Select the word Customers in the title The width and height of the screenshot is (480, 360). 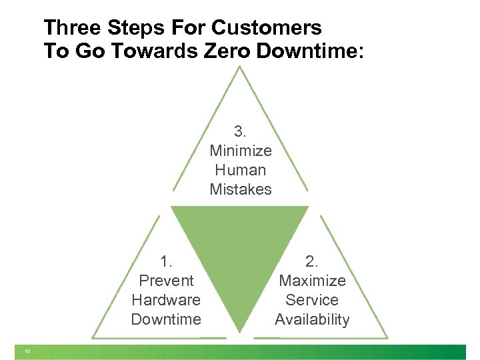[267, 28]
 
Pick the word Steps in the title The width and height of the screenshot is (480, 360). [137, 28]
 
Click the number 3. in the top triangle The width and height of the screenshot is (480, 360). [241, 132]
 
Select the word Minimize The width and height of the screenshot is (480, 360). [241, 151]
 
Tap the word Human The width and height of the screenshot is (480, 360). [241, 170]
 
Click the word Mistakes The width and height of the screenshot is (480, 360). [241, 189]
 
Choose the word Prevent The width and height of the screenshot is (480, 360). [166, 281]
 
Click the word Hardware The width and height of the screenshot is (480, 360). [166, 300]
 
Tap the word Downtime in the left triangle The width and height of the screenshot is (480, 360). [166, 319]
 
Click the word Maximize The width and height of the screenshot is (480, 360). [312, 281]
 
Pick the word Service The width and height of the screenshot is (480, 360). [312, 300]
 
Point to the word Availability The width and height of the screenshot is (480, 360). [312, 319]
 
